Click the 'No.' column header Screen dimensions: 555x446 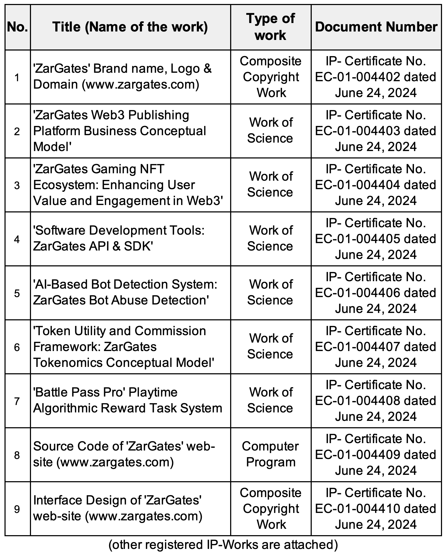[x=17, y=27]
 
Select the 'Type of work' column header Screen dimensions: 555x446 [x=270, y=27]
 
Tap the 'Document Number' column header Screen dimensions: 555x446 [x=376, y=27]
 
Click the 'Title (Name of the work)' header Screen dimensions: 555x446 [x=130, y=27]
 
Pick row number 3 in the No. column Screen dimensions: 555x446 [x=17, y=185]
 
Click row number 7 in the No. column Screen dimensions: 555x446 [x=17, y=401]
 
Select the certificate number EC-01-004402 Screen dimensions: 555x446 [x=358, y=77]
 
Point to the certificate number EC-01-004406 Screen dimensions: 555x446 [x=358, y=293]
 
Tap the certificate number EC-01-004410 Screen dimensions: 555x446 [x=358, y=509]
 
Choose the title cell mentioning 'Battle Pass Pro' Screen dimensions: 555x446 [x=127, y=400]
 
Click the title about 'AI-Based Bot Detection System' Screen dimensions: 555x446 [x=125, y=292]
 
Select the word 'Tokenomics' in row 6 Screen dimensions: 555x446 [x=68, y=363]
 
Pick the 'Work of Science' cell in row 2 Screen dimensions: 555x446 [x=270, y=130]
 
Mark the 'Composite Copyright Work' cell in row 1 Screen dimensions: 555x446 [x=270, y=77]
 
